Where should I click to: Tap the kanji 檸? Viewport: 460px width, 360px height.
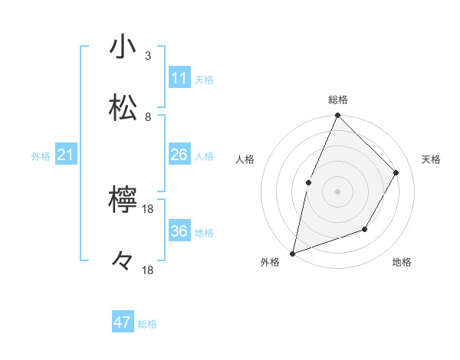pyautogui.click(x=123, y=200)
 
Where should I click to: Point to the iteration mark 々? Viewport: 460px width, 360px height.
pyautogui.click(x=123, y=262)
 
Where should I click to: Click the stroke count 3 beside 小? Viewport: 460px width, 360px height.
pyautogui.click(x=148, y=56)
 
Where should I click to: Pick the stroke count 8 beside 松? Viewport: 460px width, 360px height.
pyautogui.click(x=148, y=117)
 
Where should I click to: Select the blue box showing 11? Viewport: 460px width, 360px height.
pyautogui.click(x=179, y=78)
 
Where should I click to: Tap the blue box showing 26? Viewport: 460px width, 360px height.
pyautogui.click(x=179, y=155)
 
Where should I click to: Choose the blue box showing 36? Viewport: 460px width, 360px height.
pyautogui.click(x=179, y=231)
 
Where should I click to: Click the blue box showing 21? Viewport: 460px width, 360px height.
pyautogui.click(x=66, y=155)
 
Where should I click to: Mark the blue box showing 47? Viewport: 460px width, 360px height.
pyautogui.click(x=123, y=322)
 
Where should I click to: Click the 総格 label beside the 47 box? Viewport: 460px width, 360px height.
pyautogui.click(x=148, y=324)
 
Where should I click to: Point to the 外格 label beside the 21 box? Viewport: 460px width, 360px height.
pyautogui.click(x=41, y=156)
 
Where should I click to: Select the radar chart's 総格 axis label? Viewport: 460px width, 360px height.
pyautogui.click(x=338, y=100)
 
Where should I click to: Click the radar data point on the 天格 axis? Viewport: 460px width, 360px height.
pyautogui.click(x=396, y=172)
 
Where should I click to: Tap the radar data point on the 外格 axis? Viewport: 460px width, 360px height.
pyautogui.click(x=292, y=253)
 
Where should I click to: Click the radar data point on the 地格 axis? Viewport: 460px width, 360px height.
pyautogui.click(x=365, y=229)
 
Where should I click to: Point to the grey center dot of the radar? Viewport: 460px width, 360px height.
pyautogui.click(x=337, y=191)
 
